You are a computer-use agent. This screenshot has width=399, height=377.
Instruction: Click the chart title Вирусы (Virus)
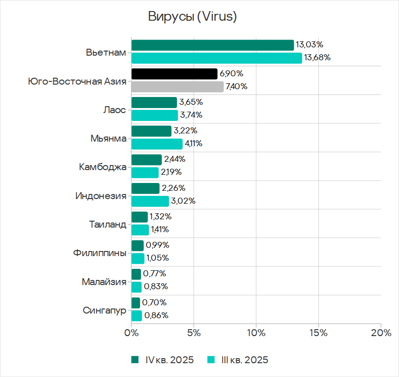point(192,17)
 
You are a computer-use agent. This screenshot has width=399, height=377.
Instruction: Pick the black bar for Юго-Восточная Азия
point(174,74)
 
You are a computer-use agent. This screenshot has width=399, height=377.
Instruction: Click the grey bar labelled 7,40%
point(177,86)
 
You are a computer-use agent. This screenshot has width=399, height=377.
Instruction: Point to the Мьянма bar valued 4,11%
point(157,144)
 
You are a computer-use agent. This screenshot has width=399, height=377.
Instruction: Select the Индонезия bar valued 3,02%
point(150,201)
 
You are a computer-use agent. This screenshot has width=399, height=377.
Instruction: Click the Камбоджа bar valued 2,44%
point(147,160)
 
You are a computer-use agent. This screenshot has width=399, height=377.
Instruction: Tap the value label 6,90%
point(232,74)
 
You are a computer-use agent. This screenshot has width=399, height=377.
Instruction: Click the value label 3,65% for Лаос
point(192,102)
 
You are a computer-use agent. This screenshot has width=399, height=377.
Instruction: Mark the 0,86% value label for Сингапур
point(156,315)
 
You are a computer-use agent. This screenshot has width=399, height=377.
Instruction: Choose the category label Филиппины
point(99,252)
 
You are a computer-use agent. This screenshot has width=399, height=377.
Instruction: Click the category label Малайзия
point(104,281)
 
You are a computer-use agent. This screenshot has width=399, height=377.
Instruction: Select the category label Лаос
point(115,109)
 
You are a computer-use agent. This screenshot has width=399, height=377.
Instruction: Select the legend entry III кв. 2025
point(238,360)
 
